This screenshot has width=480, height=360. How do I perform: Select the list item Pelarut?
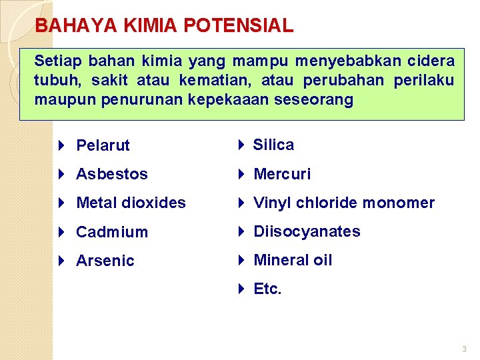point(103,145)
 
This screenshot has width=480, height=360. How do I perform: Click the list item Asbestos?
point(112,174)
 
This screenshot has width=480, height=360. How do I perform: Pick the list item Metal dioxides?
point(131,203)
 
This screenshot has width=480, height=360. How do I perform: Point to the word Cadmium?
point(112,232)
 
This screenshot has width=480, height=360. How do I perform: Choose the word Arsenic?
point(105,261)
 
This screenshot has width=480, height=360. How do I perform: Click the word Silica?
point(273,145)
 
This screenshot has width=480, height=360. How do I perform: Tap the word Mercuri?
point(282,174)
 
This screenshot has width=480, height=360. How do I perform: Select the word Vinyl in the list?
point(273,203)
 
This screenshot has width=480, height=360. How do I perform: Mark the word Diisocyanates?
point(307,231)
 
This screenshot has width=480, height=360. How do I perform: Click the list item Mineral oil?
point(293,260)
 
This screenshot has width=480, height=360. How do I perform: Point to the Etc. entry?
point(268,289)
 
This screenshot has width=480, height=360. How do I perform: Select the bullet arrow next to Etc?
point(243,289)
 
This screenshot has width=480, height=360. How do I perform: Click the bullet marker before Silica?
point(243,145)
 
